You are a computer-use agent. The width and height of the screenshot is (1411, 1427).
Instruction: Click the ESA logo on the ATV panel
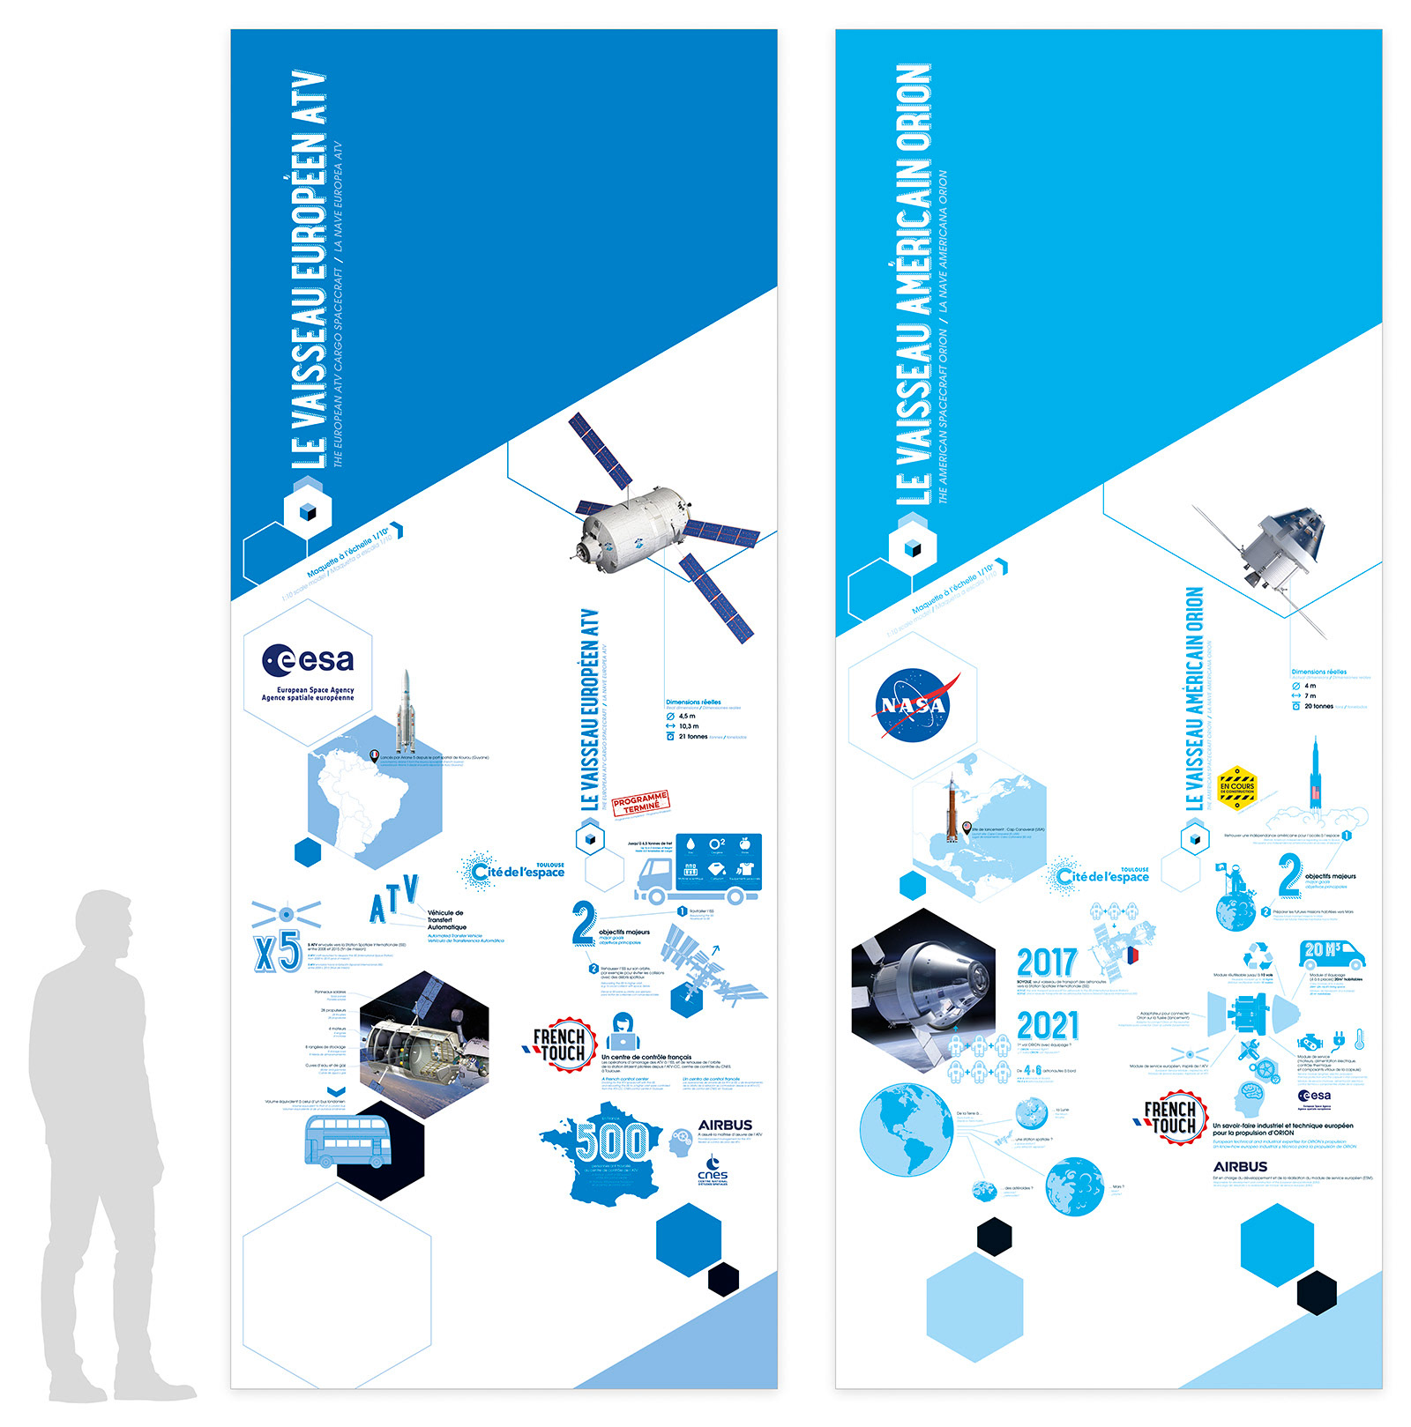(308, 660)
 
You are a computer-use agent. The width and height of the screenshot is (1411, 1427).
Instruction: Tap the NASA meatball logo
(915, 704)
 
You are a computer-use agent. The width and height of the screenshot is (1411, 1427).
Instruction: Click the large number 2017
(1047, 962)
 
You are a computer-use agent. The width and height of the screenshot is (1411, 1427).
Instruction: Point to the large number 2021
(1048, 1025)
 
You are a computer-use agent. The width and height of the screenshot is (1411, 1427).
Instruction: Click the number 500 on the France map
(610, 1142)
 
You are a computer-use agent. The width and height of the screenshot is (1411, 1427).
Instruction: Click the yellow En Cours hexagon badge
(1236, 786)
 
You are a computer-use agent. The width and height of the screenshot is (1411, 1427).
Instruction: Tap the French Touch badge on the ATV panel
(561, 1045)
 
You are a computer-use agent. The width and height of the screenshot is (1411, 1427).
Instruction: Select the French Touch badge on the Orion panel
(1172, 1118)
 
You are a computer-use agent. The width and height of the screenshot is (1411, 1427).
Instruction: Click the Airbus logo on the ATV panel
(725, 1126)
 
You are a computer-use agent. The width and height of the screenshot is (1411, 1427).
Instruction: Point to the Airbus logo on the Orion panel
(1240, 1167)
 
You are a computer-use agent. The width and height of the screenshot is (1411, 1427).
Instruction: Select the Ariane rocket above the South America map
(406, 709)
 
